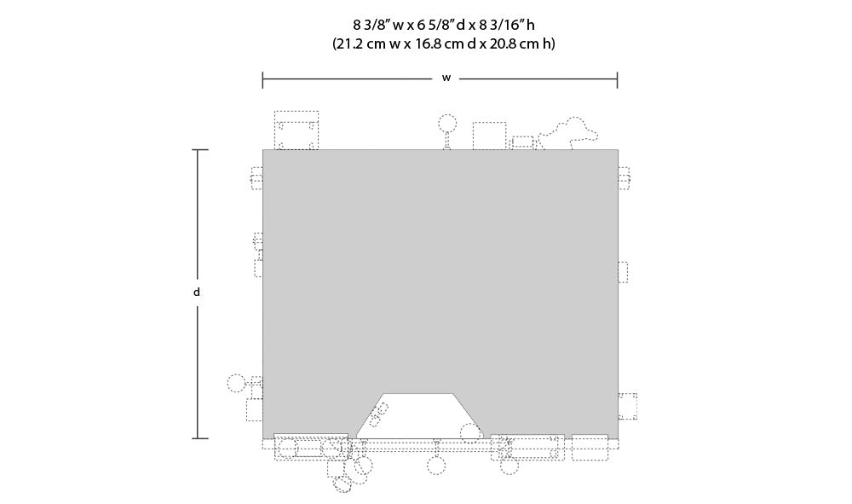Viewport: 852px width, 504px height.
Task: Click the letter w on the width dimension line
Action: (x=446, y=78)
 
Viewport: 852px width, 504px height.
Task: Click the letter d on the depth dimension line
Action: (x=197, y=292)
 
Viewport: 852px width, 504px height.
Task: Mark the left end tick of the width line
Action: (x=263, y=80)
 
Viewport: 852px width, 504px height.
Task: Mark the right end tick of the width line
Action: (x=617, y=80)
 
